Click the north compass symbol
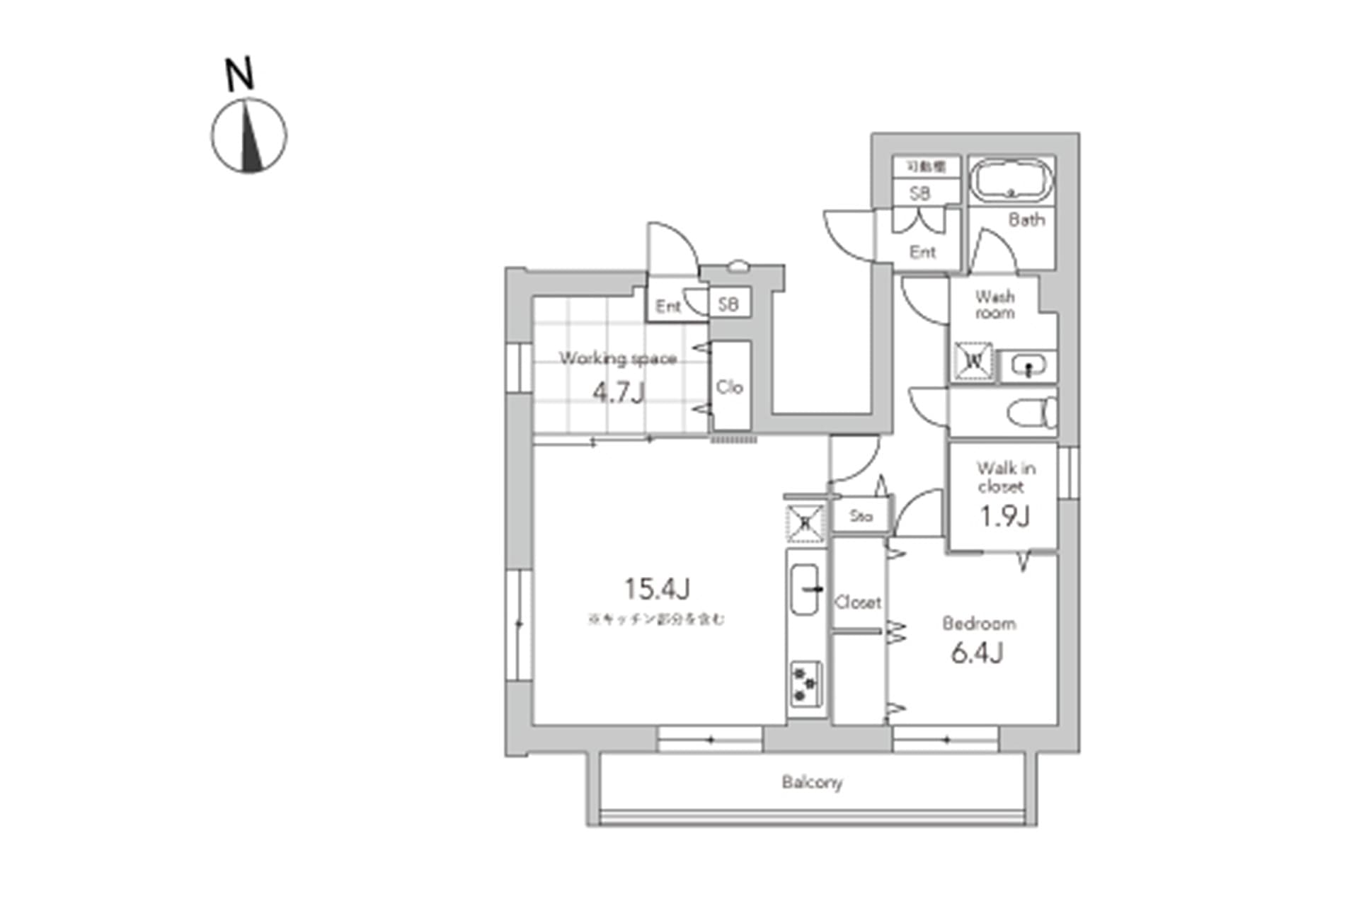click(248, 137)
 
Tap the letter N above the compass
click(240, 74)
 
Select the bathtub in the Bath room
click(1011, 181)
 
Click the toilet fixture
click(1033, 413)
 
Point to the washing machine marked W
click(974, 361)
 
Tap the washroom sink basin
click(1027, 367)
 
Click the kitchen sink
click(805, 589)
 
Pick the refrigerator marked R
click(806, 523)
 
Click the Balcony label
click(812, 782)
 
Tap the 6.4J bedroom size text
click(977, 653)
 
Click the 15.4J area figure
click(657, 588)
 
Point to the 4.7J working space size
click(619, 391)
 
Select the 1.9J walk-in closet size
click(1004, 517)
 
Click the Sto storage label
click(861, 516)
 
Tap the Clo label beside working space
click(729, 387)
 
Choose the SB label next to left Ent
click(728, 304)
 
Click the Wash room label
click(994, 304)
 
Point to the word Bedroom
click(979, 624)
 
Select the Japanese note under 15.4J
click(656, 619)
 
